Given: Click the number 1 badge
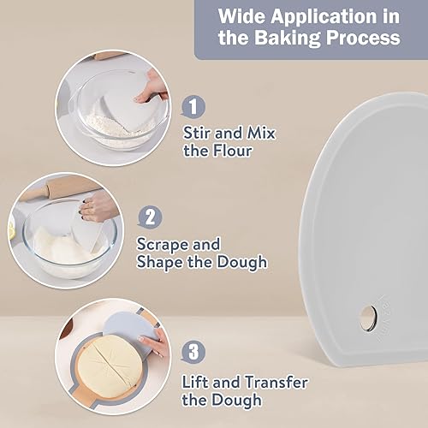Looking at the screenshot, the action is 193,106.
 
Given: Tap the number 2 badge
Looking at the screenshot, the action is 151,217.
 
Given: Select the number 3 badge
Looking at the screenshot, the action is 193,351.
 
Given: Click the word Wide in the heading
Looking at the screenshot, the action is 241,16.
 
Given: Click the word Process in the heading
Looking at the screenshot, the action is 363,38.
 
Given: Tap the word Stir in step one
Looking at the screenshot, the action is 197,133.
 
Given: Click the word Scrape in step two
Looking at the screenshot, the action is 163,244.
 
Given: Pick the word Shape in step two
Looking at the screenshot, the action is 160,262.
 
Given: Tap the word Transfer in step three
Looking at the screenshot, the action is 276,382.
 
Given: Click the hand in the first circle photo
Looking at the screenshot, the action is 152,87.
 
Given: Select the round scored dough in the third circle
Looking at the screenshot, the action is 110,366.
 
